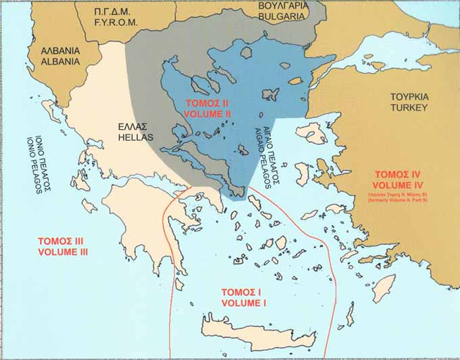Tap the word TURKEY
(x=409, y=107)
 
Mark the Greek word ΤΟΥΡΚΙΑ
(x=409, y=96)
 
